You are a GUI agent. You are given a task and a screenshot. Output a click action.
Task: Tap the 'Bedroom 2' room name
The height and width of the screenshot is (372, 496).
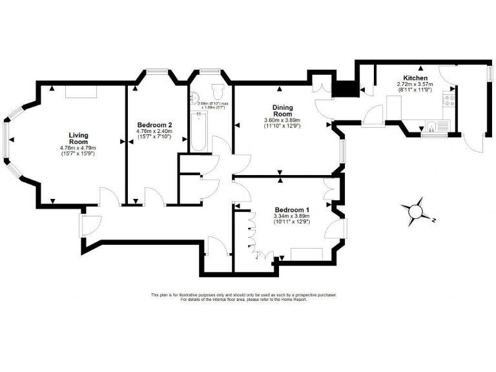click(154, 125)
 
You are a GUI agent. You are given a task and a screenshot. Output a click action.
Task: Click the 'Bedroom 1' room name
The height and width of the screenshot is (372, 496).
click(292, 210)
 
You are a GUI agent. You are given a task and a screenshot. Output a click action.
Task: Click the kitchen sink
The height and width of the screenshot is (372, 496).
click(431, 125)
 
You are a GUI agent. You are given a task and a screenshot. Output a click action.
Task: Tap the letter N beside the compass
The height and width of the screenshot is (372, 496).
click(435, 221)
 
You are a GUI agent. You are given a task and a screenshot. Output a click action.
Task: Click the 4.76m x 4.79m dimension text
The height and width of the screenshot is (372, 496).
click(78, 148)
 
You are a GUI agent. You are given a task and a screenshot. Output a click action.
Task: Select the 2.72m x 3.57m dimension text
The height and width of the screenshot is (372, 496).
click(415, 85)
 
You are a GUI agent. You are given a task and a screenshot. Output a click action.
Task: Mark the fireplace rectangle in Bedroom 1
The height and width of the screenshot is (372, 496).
click(305, 254)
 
